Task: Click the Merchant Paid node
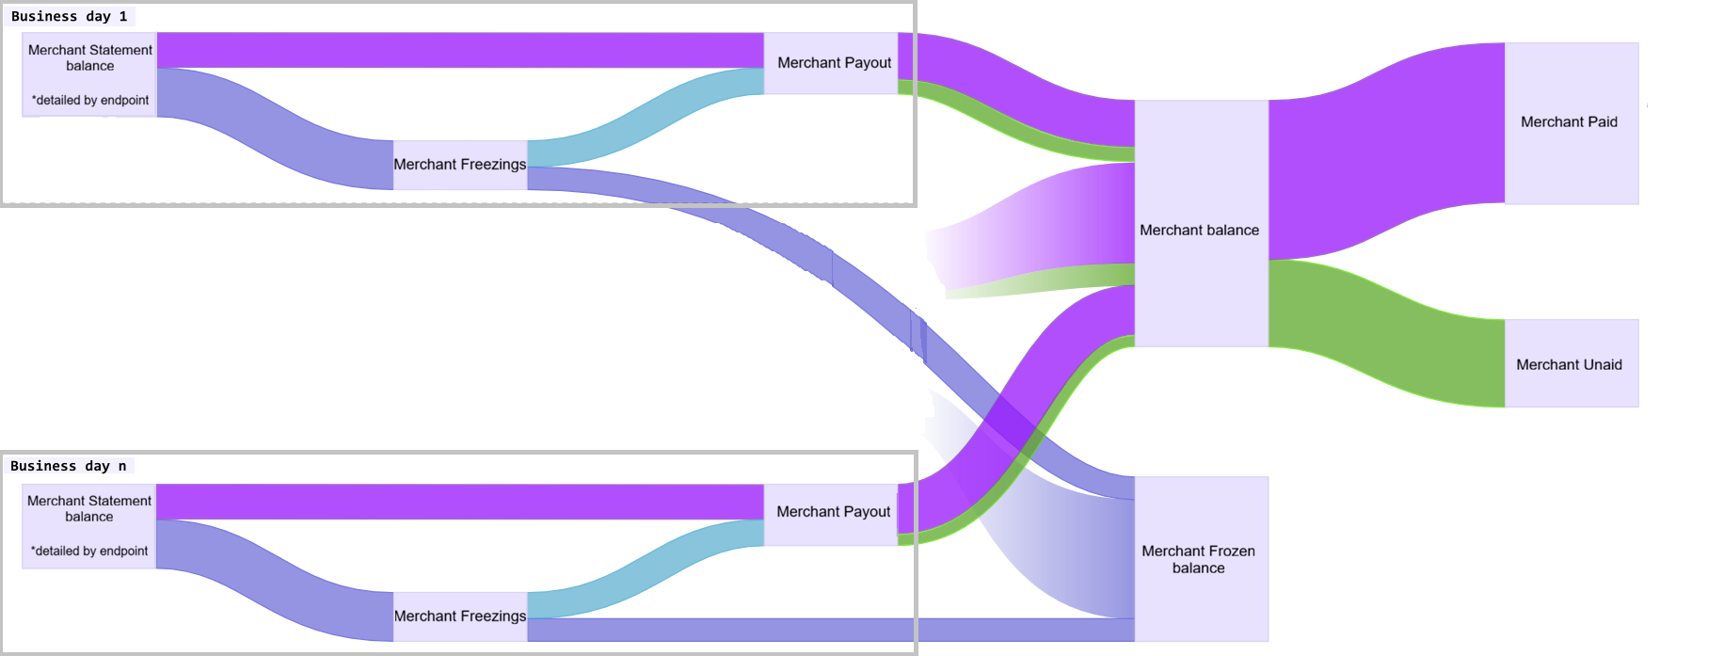coord(1572,123)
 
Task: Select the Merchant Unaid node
coord(1572,363)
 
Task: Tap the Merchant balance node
coord(1201,223)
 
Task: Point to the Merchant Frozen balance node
coord(1201,559)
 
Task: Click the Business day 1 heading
coord(69,16)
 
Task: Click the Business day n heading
coord(68,466)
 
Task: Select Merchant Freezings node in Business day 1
coord(460,165)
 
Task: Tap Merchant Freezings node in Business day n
coord(460,616)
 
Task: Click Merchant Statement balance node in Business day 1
coord(89,74)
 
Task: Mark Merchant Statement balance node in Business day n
coord(89,526)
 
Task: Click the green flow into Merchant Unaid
coord(1387,334)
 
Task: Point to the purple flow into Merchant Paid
coord(1387,151)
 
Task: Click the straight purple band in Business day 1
coord(460,50)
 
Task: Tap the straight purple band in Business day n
coord(460,502)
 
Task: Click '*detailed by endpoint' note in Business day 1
coord(90,100)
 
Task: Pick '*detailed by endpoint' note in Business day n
coord(89,551)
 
